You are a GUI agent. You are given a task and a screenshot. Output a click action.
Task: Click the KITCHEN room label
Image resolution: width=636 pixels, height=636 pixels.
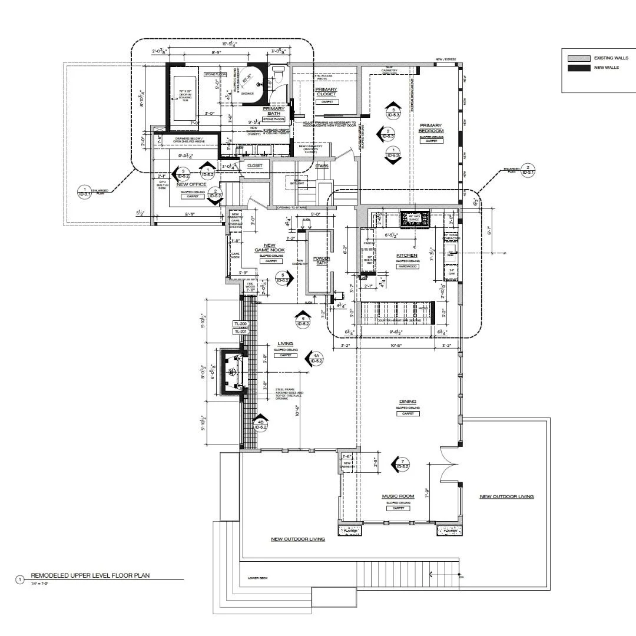(407, 255)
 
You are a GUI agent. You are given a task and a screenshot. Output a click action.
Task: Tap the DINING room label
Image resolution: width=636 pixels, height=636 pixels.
(407, 402)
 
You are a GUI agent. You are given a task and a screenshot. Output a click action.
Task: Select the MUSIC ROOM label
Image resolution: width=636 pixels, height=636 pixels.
(398, 496)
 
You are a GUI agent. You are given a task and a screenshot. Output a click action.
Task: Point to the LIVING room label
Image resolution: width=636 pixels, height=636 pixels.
(286, 344)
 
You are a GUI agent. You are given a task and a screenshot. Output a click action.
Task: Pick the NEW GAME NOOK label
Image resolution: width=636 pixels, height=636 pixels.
(269, 248)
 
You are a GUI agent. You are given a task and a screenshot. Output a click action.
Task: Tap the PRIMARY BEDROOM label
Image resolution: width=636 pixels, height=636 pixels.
(431, 128)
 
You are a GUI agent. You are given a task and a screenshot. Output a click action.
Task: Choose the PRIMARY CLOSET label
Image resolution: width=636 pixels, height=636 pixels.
(326, 92)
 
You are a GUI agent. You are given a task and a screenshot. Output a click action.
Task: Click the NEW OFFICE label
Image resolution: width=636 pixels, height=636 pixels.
(190, 184)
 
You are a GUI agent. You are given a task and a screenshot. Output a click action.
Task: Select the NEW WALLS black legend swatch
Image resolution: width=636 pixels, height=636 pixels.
(577, 68)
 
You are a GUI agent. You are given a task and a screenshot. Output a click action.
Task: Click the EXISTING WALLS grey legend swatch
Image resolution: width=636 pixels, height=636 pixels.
(577, 58)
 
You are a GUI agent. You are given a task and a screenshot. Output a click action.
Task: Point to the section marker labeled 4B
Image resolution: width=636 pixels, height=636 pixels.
(260, 423)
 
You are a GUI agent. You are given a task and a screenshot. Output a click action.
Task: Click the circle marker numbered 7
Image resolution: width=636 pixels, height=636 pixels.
(402, 463)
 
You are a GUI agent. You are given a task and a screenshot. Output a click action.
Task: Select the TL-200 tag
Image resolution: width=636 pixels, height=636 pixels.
(240, 324)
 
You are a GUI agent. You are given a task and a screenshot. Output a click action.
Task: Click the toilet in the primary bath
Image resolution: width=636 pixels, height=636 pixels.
(280, 72)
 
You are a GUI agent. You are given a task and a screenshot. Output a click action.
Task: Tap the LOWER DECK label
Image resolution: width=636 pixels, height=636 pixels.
(258, 578)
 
